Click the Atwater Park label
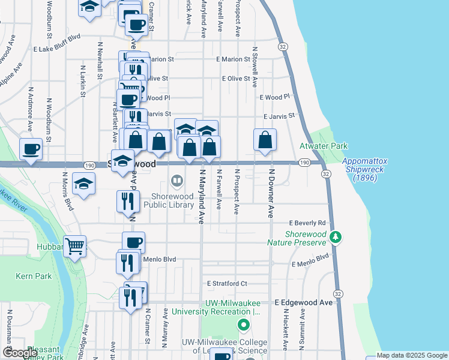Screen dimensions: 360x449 (323, 146)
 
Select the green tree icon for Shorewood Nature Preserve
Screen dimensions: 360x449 (336, 238)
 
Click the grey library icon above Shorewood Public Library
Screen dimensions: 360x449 (178, 180)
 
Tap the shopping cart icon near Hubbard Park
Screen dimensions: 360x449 (75, 246)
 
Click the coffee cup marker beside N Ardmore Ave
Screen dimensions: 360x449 (31, 149)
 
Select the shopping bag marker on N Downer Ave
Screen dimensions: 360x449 (265, 140)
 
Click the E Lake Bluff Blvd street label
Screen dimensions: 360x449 (57, 37)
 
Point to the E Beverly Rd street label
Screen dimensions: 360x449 (307, 222)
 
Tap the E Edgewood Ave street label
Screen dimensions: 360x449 (303, 303)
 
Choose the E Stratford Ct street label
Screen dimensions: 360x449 (227, 283)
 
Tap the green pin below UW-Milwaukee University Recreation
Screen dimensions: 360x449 (243, 326)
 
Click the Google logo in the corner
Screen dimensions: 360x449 (20, 353)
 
